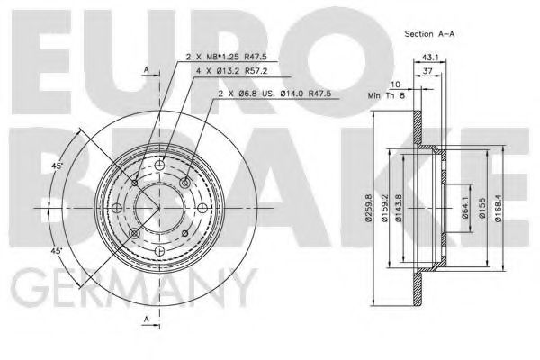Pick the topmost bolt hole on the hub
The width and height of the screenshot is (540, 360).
tap(160, 174)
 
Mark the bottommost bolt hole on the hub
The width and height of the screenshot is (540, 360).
tap(160, 246)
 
